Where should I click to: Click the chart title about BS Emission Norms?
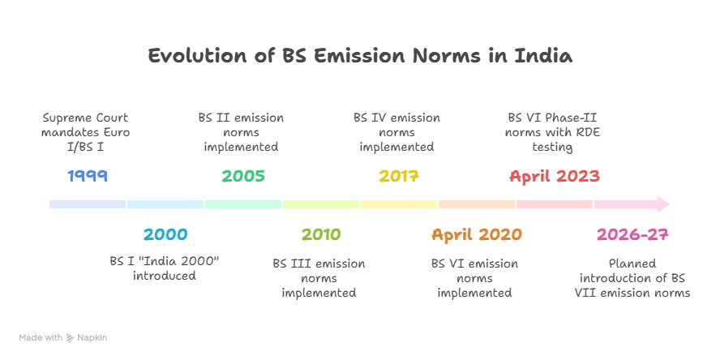[x=360, y=56]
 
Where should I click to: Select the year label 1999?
[x=88, y=175]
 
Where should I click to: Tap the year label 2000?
[x=165, y=235]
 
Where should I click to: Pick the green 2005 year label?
[x=243, y=175]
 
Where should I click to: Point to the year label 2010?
[x=321, y=235]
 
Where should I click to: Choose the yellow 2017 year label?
[x=399, y=175]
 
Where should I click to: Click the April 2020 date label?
[x=477, y=235]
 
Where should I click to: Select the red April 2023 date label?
[x=555, y=175]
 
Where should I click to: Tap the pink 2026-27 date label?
[x=632, y=235]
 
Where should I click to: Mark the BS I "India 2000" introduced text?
[x=165, y=268]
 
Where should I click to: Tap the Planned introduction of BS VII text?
[x=632, y=277]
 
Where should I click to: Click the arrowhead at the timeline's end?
[x=662, y=204]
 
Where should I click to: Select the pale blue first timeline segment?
[x=88, y=204]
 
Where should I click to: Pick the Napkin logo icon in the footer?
[x=71, y=336]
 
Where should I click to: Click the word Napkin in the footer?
[x=92, y=336]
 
